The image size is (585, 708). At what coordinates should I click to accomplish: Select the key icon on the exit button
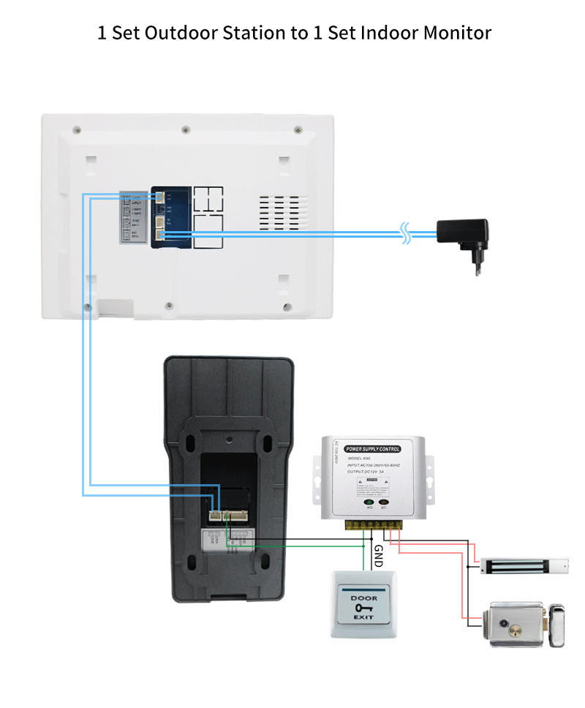pos(363,608)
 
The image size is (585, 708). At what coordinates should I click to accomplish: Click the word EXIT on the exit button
pos(363,619)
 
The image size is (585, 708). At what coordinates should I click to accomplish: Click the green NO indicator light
pos(369,502)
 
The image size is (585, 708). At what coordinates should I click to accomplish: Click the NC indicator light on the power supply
pos(383,502)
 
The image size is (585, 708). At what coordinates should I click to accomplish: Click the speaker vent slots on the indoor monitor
pos(280,213)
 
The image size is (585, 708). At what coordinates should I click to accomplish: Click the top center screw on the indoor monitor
pos(185,130)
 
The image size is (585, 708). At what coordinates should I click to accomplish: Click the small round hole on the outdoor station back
pos(229,441)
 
